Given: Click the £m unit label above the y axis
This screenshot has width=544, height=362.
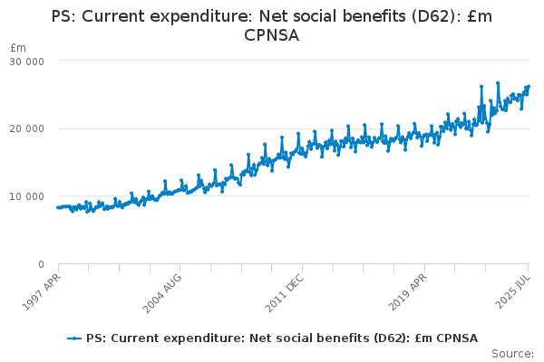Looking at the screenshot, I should coord(18,47).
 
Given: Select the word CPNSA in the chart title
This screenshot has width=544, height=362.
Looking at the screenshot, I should coord(272,35).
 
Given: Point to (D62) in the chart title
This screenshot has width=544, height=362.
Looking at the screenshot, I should coord(431,15).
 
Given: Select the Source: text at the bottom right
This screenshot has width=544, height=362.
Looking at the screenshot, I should coord(513,353).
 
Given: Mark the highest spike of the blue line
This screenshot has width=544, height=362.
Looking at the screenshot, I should coord(498,82).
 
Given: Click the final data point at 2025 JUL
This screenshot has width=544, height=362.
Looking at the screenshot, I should coord(529,87).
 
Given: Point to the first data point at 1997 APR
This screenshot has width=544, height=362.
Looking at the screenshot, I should coord(57,207).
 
